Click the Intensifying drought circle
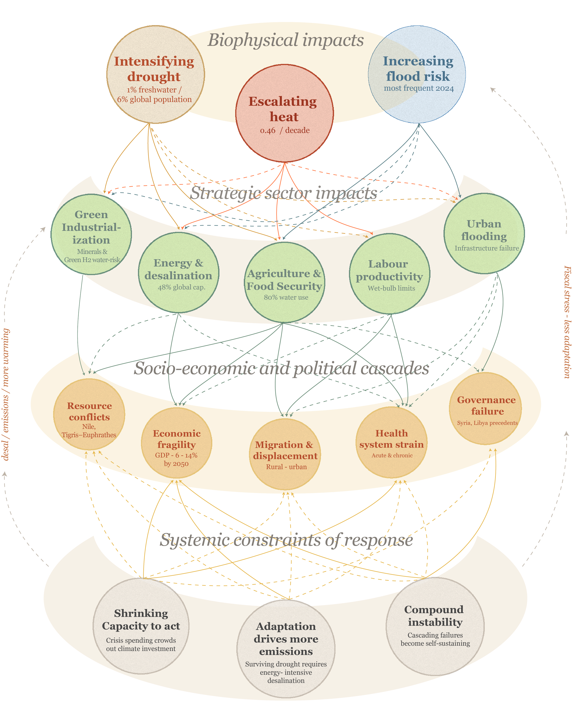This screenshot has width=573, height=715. (x=155, y=75)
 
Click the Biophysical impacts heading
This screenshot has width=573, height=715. (x=286, y=40)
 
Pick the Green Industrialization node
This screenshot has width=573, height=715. (x=91, y=234)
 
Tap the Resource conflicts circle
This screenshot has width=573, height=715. (x=89, y=414)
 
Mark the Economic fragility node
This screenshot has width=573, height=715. (x=176, y=443)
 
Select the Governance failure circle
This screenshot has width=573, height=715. (x=485, y=408)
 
